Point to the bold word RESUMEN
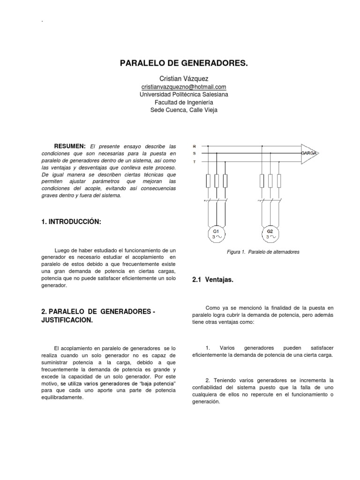(70, 146)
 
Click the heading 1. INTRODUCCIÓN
(71, 221)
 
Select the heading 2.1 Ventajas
(213, 280)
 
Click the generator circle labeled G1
(216, 234)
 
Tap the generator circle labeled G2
(270, 234)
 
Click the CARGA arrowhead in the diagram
(309, 153)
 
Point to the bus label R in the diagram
(194, 146)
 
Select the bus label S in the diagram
(194, 153)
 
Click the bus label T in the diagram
(194, 161)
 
